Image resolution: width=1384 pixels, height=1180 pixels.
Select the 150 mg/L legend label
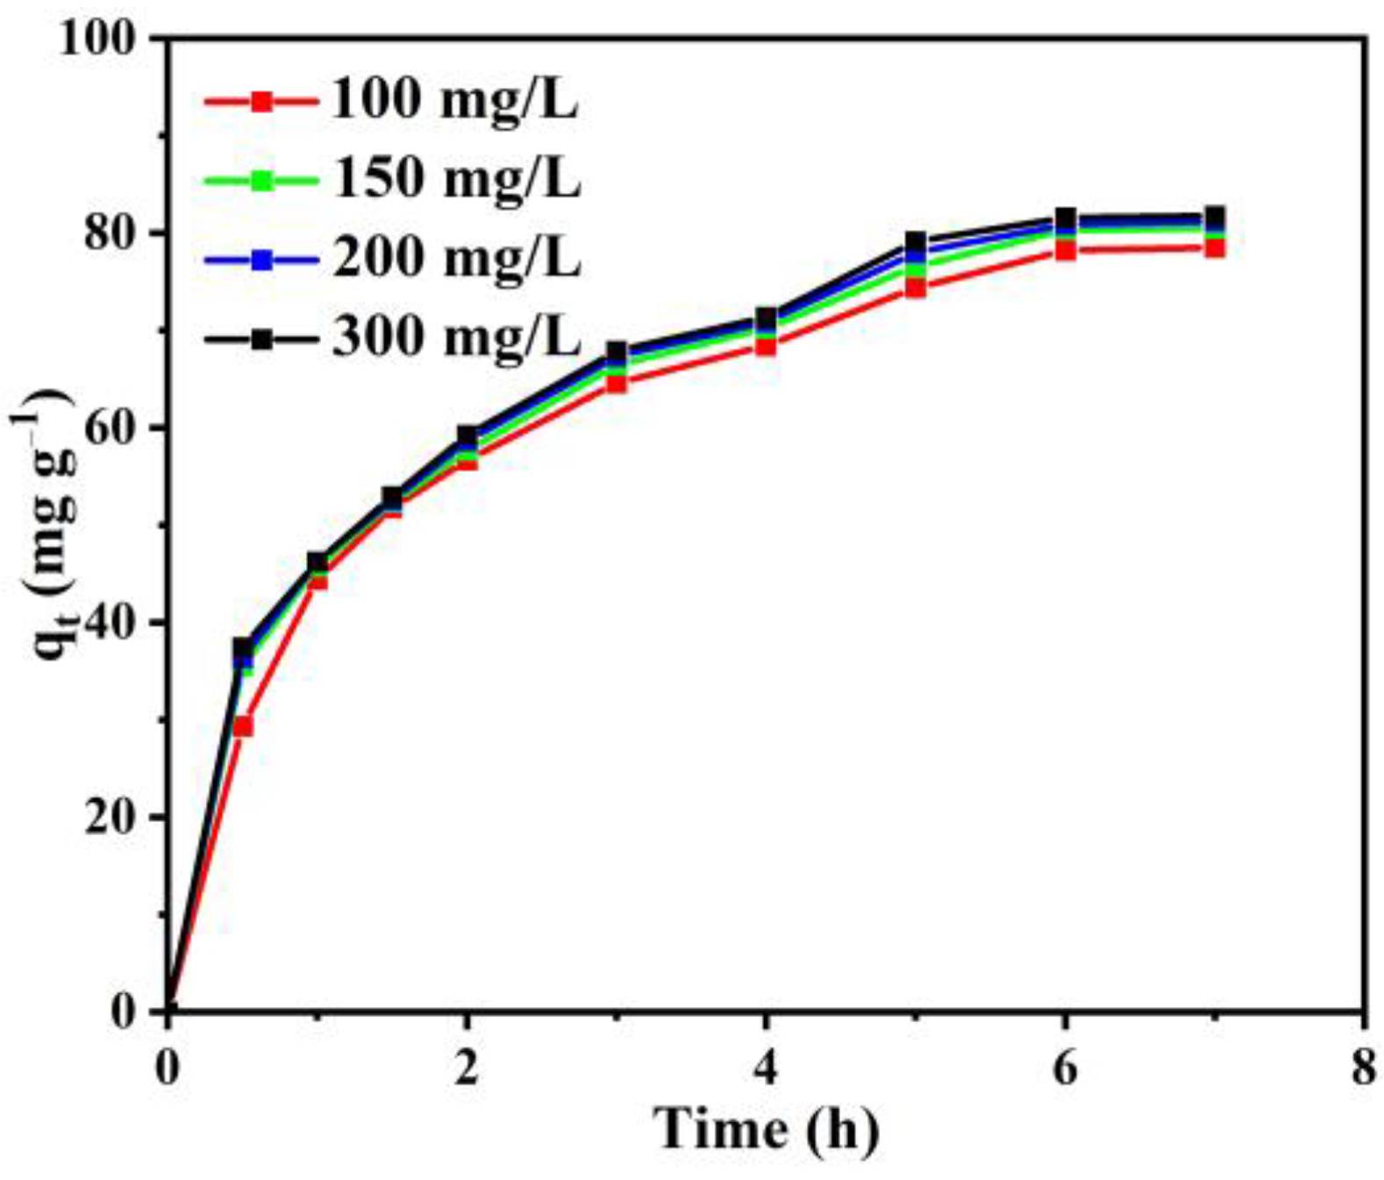[x=455, y=180]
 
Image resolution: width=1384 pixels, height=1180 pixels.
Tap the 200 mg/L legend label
[x=455, y=259]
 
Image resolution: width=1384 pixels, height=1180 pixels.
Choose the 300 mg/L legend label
[x=455, y=337]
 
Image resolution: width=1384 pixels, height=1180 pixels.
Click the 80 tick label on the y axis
[x=113, y=234]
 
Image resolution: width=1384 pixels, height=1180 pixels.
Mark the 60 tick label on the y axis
[x=113, y=429]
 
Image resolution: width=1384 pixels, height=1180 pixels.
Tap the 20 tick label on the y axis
[x=113, y=818]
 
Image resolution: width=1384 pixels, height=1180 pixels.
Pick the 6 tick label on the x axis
[x=1065, y=1069]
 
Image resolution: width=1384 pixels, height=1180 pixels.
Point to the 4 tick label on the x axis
[x=766, y=1069]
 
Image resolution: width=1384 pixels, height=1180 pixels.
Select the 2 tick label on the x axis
[x=467, y=1069]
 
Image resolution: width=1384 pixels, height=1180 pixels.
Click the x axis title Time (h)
[x=766, y=1129]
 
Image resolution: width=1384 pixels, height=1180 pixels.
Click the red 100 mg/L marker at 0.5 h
[x=243, y=726]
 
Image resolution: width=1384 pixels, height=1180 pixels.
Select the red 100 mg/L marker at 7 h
[x=1215, y=248]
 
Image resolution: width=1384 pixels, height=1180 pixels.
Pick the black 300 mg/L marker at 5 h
[x=916, y=241]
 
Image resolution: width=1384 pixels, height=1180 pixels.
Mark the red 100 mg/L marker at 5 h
[x=916, y=289]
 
